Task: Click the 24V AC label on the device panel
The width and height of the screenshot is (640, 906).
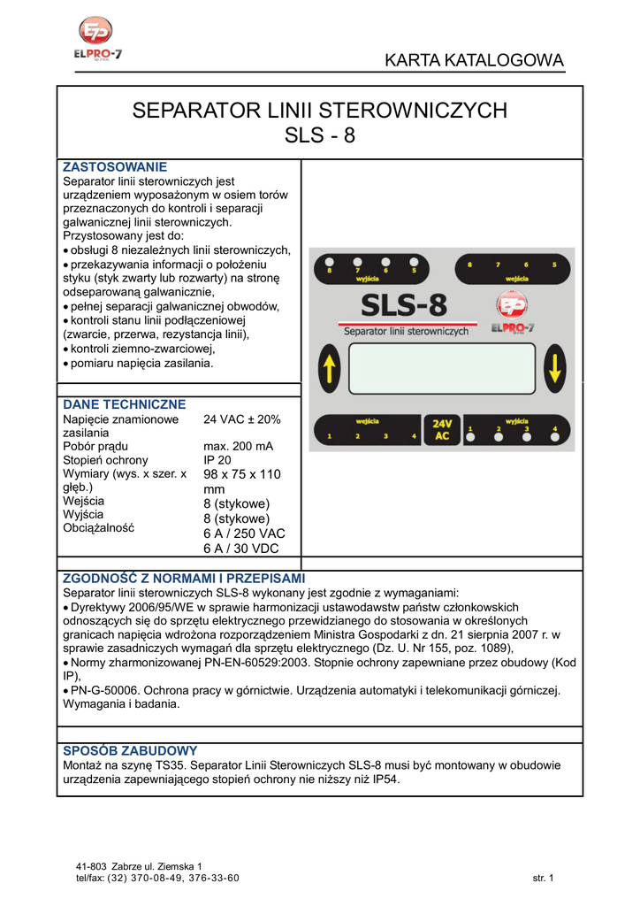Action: [x=441, y=429]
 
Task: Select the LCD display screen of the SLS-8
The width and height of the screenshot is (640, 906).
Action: [x=442, y=368]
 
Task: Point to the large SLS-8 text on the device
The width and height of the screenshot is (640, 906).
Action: [x=404, y=307]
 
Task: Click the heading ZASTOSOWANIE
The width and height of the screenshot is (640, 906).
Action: [x=115, y=167]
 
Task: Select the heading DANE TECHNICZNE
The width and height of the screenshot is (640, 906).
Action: [x=125, y=404]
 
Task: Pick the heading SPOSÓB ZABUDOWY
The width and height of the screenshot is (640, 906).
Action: [x=130, y=750]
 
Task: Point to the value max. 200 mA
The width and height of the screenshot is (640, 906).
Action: [x=238, y=446]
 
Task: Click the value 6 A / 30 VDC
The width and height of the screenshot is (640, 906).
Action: [x=240, y=549]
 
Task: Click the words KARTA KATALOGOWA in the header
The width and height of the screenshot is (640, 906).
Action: [x=474, y=61]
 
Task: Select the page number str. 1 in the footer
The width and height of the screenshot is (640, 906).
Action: [x=542, y=878]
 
